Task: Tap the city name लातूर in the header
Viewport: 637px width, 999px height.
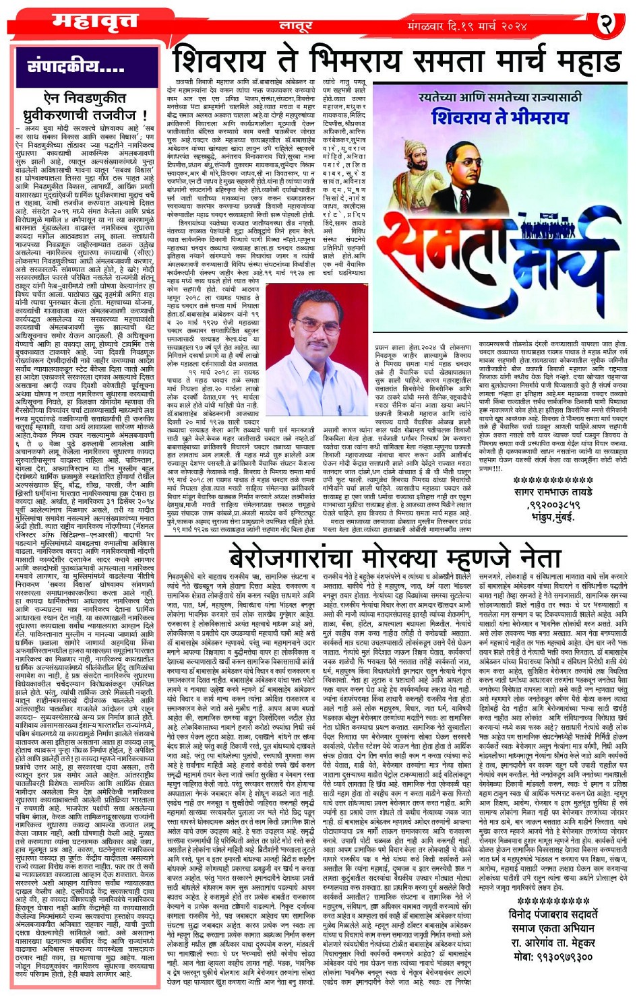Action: tap(296, 26)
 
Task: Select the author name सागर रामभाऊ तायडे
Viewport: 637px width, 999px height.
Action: tap(553, 492)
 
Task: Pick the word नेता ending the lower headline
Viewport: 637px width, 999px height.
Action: tap(535, 558)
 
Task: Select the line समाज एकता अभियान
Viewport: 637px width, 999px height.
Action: tap(553, 928)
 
